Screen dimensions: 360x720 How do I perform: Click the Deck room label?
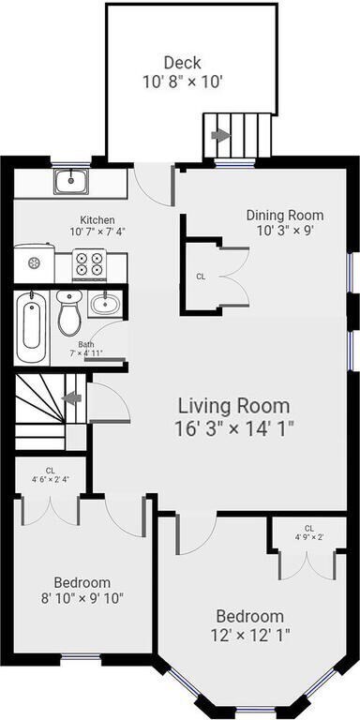[x=183, y=62]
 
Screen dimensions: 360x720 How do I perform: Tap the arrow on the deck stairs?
[x=220, y=135]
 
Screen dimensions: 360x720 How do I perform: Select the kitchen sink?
[x=71, y=181]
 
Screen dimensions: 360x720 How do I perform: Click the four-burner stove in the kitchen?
[x=89, y=263]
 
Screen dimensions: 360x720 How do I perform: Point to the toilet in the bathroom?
[x=69, y=312]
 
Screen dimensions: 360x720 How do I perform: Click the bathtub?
[x=31, y=328]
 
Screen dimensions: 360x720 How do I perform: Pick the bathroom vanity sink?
[x=105, y=303]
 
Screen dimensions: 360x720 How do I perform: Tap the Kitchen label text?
[x=97, y=220]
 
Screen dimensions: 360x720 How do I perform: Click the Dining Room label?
[x=285, y=215]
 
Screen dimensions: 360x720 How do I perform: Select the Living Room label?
[x=233, y=406]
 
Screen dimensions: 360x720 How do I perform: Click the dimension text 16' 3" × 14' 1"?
[x=233, y=428]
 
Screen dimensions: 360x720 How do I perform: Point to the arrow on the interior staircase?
[x=72, y=398]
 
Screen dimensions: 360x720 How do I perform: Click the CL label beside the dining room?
[x=201, y=277]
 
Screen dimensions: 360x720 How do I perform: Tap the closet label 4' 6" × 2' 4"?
[x=51, y=480]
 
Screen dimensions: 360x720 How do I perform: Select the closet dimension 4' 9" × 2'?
[x=309, y=536]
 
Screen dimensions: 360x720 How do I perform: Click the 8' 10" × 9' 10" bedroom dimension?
[x=82, y=598]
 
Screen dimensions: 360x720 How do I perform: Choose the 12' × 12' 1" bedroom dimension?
[x=250, y=636]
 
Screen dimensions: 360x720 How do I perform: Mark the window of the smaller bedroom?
[x=81, y=657]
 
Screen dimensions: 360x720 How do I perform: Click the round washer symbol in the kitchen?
[x=34, y=263]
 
